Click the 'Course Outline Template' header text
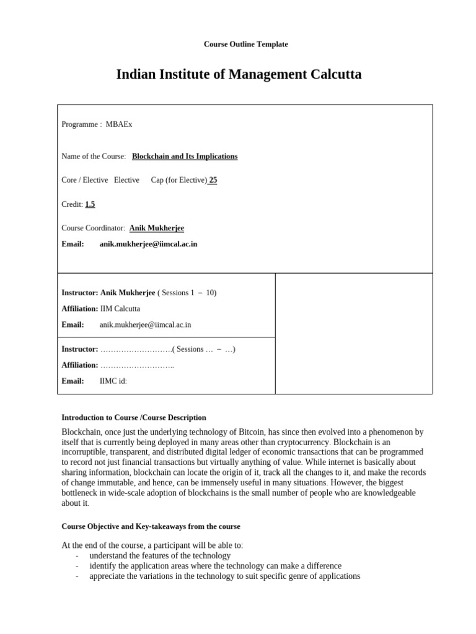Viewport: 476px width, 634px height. [x=245, y=45]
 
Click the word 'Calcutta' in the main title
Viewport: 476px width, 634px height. [x=327, y=75]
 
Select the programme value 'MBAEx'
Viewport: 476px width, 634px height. [x=119, y=124]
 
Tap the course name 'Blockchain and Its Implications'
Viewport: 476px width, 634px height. [x=185, y=157]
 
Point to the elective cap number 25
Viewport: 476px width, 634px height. [x=213, y=180]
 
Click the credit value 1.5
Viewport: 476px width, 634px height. [x=90, y=204]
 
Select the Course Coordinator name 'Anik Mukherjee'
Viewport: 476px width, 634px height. [x=157, y=228]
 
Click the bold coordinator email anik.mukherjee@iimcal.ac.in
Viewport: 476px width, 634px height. [x=148, y=244]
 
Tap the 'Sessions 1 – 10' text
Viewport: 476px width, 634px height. [x=188, y=293]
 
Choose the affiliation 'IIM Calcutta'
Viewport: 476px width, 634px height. [x=120, y=308]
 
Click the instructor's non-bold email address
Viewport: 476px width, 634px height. [x=145, y=324]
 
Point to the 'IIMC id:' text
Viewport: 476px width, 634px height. [x=113, y=381]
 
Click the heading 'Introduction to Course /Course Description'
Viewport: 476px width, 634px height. [x=134, y=418]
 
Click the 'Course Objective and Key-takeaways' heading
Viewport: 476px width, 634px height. [x=151, y=526]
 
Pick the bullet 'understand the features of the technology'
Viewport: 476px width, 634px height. [x=160, y=556]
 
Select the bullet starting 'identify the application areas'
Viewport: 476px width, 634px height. [x=215, y=566]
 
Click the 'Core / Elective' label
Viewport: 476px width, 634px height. [x=85, y=180]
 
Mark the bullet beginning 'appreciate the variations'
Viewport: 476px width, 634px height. [x=224, y=576]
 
